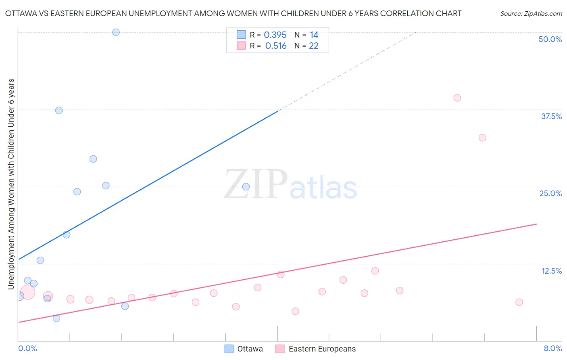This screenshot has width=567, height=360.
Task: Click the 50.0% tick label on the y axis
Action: [550, 39]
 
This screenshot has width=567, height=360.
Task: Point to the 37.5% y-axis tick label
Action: [551, 116]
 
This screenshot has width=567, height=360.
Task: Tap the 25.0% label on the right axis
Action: [550, 193]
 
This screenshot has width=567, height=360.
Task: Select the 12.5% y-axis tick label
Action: [551, 271]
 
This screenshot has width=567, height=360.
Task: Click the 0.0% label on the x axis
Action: [27, 348]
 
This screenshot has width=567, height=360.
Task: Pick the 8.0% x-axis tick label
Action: [552, 348]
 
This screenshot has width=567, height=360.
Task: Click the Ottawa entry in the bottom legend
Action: [244, 349]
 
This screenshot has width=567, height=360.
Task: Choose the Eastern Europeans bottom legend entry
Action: [316, 349]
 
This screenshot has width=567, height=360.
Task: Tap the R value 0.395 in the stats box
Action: [275, 35]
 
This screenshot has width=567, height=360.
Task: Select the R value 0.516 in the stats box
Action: [276, 46]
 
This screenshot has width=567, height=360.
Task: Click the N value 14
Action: [314, 35]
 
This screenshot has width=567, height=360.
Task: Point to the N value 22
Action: [314, 46]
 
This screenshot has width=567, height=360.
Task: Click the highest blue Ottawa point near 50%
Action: [116, 32]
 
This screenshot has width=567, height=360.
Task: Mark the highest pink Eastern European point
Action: [457, 98]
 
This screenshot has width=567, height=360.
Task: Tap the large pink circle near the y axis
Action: [27, 292]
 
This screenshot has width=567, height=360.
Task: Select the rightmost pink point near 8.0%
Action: [519, 302]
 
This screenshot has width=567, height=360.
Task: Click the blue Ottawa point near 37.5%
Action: [59, 111]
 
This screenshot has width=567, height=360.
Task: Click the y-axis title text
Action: [11, 184]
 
